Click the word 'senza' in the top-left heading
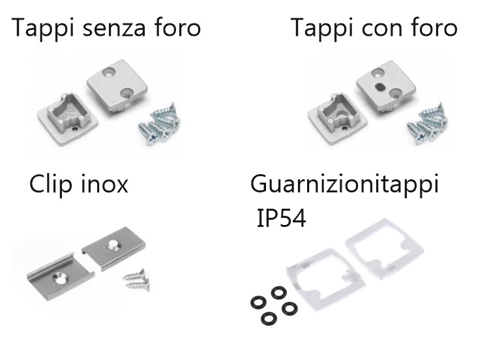[115, 28]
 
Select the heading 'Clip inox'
[79, 184]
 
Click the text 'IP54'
[281, 218]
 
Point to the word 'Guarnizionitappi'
[345, 184]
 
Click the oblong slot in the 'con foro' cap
[380, 85]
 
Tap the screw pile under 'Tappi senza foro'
[159, 124]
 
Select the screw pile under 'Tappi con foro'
[428, 123]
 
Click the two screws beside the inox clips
[136, 280]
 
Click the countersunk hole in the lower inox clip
[60, 278]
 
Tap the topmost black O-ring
[279, 293]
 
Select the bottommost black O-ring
[269, 318]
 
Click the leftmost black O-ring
[259, 303]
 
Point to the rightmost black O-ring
[289, 308]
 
